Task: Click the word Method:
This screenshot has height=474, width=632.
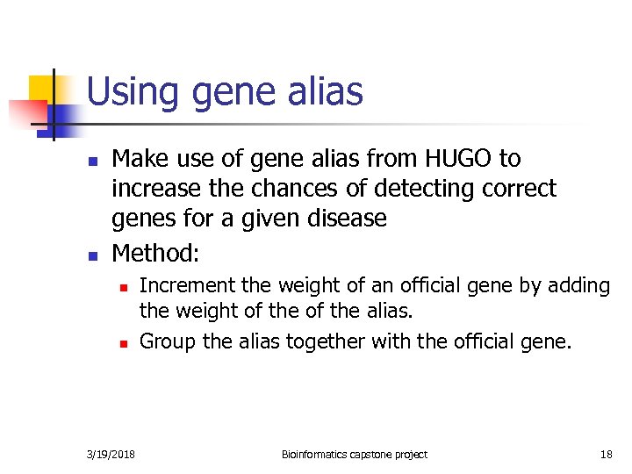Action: coord(156,254)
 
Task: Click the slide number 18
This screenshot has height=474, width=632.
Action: coord(606,454)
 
